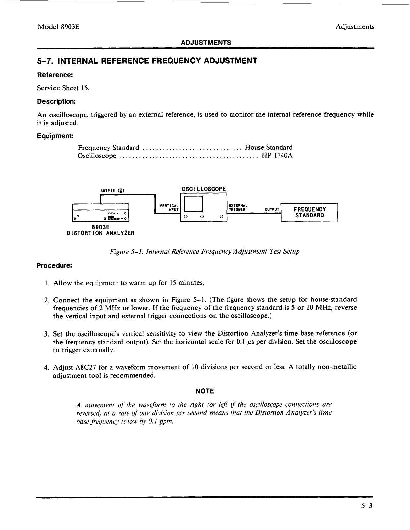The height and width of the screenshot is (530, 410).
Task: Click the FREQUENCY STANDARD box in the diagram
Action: [309, 212]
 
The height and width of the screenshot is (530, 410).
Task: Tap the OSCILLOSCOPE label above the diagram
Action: [204, 189]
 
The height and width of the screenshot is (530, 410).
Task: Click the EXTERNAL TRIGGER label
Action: [237, 207]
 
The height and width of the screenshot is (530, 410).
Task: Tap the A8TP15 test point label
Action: [112, 191]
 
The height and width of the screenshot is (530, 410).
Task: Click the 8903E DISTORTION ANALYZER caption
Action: [101, 230]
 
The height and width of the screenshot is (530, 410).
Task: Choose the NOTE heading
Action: [205, 391]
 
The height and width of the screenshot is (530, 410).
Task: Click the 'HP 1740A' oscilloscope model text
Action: [277, 156]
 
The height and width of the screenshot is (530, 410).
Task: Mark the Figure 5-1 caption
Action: [204, 252]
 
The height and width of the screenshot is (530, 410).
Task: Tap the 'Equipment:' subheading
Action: [55, 136]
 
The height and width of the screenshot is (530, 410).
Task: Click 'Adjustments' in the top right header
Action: [355, 27]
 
